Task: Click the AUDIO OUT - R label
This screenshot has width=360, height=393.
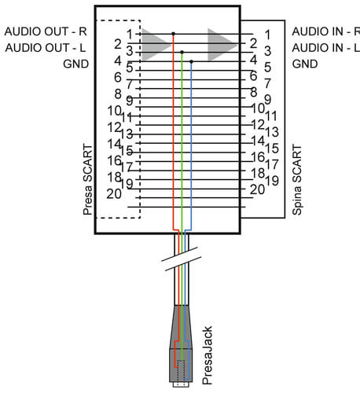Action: coord(46,31)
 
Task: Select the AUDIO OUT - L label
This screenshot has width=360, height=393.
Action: coord(46,48)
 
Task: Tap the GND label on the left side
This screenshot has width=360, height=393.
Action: coord(76,64)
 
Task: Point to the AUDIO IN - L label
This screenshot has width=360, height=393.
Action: coord(326,48)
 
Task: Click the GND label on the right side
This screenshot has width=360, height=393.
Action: coord(305,64)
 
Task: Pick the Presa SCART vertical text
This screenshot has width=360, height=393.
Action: coord(88,179)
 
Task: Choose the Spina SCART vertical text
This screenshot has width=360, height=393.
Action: coord(296,179)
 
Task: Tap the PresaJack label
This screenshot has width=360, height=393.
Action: coord(207,355)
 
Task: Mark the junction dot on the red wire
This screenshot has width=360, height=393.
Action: coord(173,34)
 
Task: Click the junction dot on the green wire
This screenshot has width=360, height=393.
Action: coord(182,53)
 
